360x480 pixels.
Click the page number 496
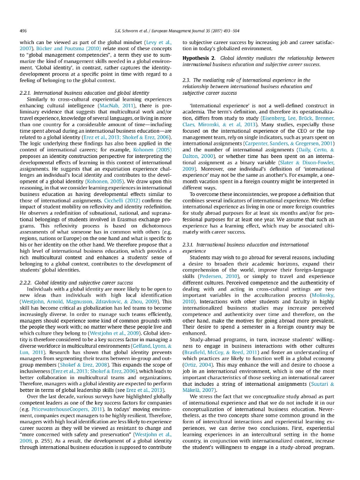(x=23, y=30)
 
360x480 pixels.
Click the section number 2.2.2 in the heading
(x=26, y=283)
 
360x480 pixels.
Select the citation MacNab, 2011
(x=111, y=106)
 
